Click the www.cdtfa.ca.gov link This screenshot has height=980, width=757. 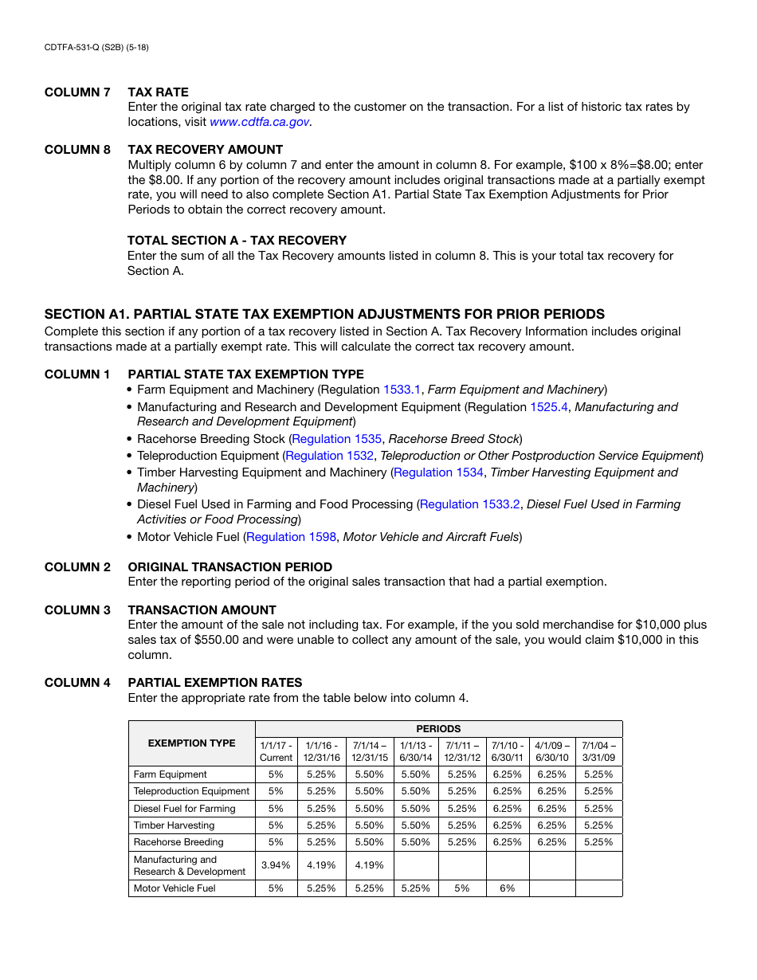point(259,122)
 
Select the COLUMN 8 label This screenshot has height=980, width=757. point(77,150)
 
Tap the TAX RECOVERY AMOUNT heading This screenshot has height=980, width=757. point(205,150)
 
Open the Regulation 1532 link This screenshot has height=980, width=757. point(329,456)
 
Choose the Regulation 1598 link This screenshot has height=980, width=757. point(291,537)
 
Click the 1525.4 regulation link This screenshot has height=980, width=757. point(549,407)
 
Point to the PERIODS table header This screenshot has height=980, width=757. point(438,729)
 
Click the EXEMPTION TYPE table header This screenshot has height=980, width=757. point(191,743)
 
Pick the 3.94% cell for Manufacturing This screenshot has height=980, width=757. point(276,865)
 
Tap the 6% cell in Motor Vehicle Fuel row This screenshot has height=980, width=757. point(508,888)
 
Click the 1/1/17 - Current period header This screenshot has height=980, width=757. point(276,751)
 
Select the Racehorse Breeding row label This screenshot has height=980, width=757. point(178,842)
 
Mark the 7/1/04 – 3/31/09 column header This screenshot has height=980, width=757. point(598,751)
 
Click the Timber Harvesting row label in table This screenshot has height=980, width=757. point(174,825)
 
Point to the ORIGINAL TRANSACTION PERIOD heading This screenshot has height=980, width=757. point(229,567)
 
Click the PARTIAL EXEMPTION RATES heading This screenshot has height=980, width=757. point(214,683)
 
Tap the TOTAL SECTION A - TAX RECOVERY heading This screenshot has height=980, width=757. point(237,241)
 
